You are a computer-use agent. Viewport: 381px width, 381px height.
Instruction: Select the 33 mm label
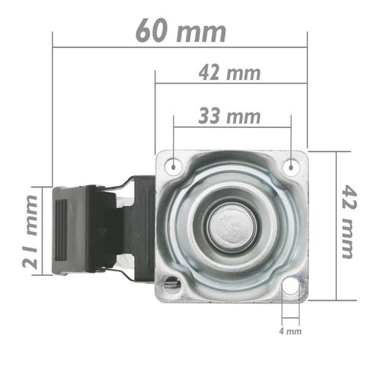(229, 116)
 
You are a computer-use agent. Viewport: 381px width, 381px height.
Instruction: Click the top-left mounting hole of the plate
(174, 165)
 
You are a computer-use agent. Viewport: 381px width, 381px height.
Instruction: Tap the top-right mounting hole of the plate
(290, 165)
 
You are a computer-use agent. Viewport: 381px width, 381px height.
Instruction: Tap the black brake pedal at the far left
(72, 229)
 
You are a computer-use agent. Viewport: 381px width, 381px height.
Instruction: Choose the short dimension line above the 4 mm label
(290, 318)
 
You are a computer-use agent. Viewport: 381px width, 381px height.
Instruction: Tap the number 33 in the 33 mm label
(213, 116)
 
